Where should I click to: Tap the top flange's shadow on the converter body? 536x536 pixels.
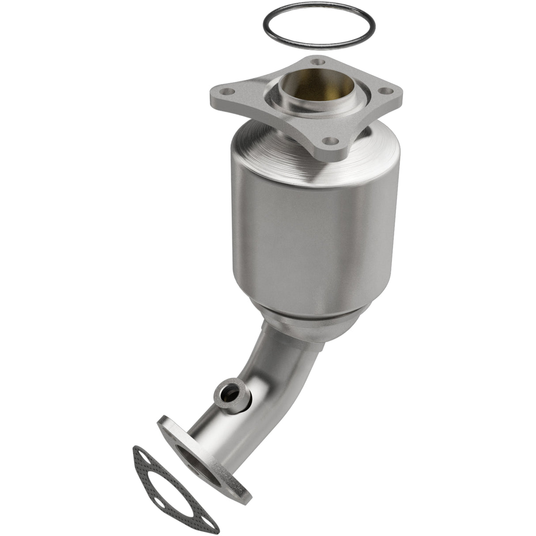305,177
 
